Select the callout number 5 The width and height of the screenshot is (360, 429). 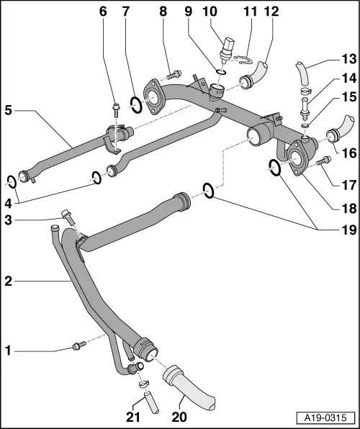[x=8, y=110]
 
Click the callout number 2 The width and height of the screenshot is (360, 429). [x=8, y=281]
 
